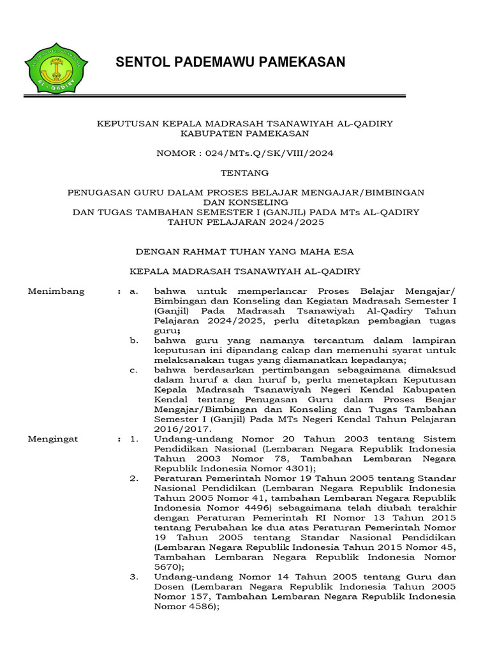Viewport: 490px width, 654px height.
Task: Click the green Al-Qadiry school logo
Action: [56, 67]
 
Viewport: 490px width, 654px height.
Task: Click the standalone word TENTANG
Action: [245, 172]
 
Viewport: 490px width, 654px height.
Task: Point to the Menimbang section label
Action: [56, 291]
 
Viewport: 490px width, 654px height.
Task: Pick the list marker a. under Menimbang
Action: [133, 291]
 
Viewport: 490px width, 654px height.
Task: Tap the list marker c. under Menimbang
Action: [133, 370]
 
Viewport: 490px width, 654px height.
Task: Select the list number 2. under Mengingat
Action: [133, 478]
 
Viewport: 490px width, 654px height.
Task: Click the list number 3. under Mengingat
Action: [133, 577]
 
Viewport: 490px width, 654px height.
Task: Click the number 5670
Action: [167, 567]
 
